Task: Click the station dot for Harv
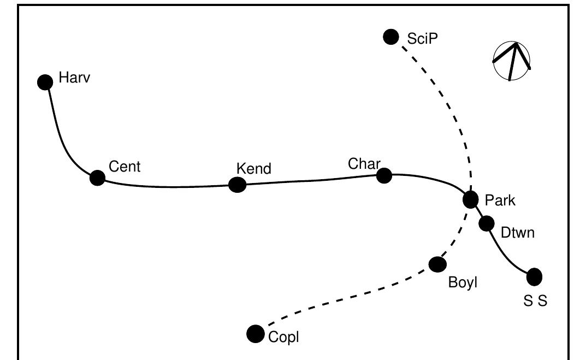pos(45,82)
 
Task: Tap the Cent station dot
pos(97,178)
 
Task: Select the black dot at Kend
pos(237,185)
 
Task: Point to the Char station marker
pos(384,175)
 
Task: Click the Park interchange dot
pos(471,199)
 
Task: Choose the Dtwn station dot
pos(486,223)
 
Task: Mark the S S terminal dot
pos(534,277)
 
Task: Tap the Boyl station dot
pos(437,264)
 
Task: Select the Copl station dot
pos(255,333)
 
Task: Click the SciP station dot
pos(391,37)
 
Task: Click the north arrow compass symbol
pos(512,61)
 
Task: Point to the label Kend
pos(253,169)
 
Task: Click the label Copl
pos(284,338)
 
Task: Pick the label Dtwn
pos(517,233)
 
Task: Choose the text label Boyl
pos(463,284)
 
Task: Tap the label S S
pos(535,301)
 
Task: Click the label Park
pos(500,200)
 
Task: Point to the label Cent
pos(125,167)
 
